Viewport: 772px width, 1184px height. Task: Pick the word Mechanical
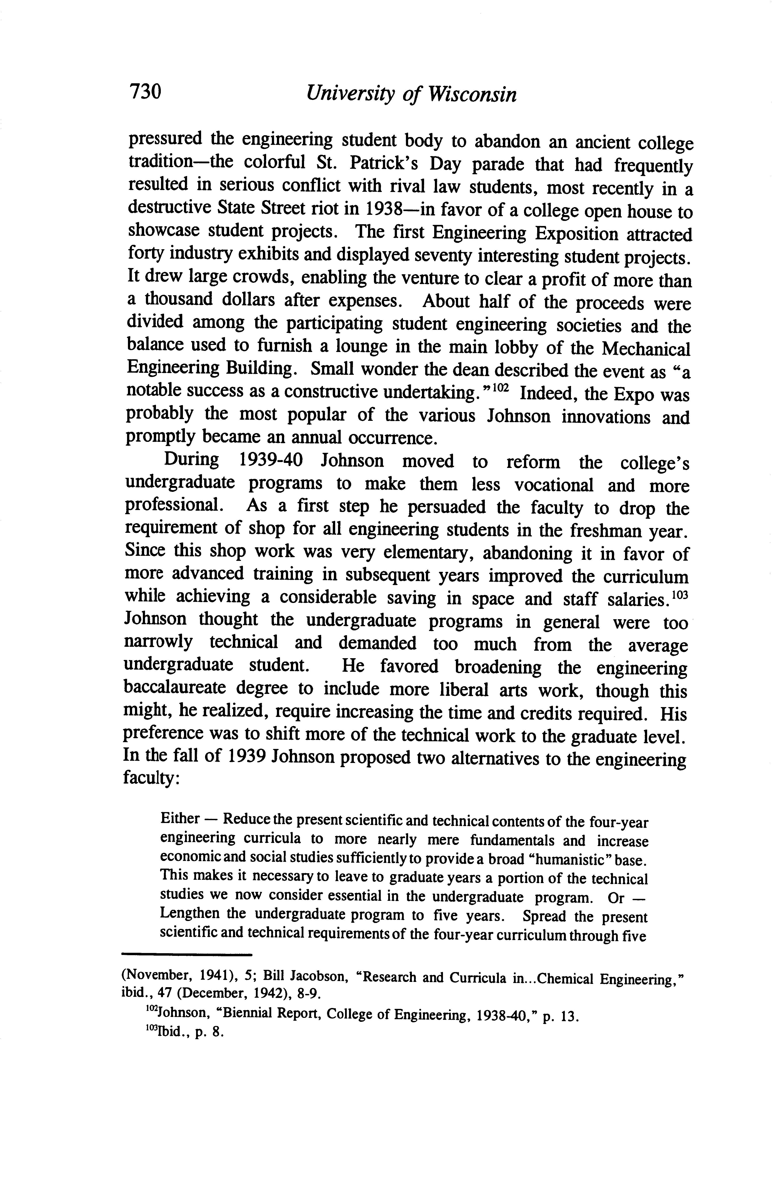tap(646, 349)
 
